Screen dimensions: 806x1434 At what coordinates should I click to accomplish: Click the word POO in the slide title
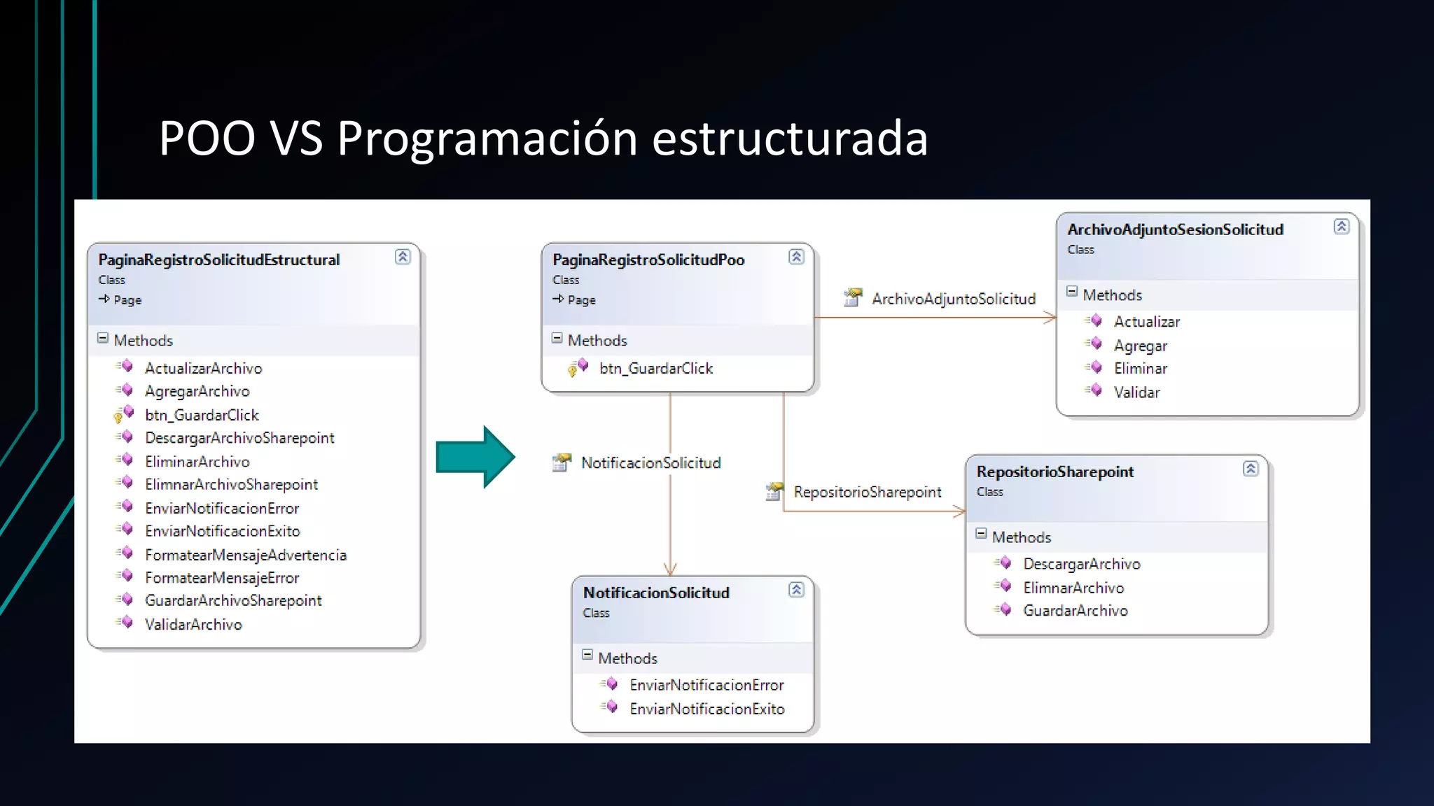point(207,138)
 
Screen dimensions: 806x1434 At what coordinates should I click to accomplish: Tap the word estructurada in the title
point(789,138)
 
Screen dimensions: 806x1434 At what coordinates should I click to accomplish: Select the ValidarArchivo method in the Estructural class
point(193,624)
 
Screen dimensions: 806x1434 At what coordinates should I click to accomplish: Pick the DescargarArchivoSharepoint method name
point(239,438)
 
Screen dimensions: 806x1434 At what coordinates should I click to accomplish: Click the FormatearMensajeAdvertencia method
point(246,555)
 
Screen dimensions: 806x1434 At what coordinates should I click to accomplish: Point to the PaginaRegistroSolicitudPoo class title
point(648,260)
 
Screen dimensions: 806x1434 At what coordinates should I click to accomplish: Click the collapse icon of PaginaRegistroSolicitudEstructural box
point(403,257)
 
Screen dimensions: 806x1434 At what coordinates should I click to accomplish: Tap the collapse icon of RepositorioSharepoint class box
point(1251,469)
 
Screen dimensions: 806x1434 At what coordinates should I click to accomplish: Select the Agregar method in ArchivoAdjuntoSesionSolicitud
point(1141,346)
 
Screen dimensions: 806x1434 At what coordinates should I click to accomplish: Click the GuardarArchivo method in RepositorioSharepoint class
point(1075,611)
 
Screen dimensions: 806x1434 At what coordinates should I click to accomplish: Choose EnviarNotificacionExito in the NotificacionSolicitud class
point(706,709)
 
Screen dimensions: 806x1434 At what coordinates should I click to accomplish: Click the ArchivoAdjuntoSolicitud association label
point(953,299)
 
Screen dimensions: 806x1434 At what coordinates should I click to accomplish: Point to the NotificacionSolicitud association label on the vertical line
point(650,463)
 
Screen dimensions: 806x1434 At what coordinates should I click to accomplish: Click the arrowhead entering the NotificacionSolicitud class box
point(670,569)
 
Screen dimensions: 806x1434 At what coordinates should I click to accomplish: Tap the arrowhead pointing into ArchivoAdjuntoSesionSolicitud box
point(1050,318)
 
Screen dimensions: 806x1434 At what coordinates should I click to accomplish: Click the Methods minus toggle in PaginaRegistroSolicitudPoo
point(557,339)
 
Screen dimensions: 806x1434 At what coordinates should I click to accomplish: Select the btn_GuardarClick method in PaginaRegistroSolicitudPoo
point(656,369)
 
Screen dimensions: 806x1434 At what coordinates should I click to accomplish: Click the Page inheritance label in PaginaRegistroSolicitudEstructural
point(127,300)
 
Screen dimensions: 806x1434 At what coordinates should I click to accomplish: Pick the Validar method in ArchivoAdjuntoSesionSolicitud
point(1136,393)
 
